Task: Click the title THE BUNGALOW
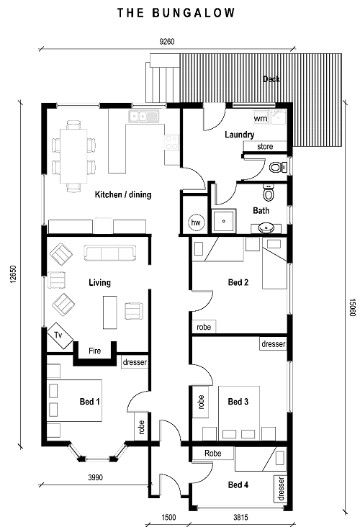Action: tap(176, 13)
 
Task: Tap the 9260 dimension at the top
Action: tap(167, 42)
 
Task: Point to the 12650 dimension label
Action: tap(13, 274)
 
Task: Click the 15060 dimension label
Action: tap(352, 307)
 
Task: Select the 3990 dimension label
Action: tap(96, 477)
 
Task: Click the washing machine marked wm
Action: tap(261, 118)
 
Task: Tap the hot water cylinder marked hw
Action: tap(196, 222)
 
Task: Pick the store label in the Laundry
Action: tap(265, 147)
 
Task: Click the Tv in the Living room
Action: tap(60, 335)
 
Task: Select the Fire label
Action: tap(95, 351)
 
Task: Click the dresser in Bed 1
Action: tap(135, 362)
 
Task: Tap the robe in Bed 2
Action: tap(204, 327)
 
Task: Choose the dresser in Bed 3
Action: tap(274, 344)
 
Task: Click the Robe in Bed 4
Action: tap(213, 454)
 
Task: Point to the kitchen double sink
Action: tap(143, 117)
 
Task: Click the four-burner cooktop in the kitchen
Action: tap(171, 142)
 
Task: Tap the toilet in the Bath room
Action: tap(269, 192)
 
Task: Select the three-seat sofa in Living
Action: tap(110, 253)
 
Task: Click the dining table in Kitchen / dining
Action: tap(73, 156)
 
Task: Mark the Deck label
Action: tap(271, 79)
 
